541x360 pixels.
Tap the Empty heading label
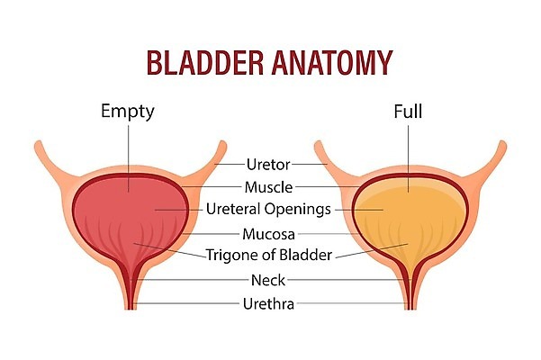(127, 112)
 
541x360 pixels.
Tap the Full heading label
(407, 112)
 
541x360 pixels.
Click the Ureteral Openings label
(267, 210)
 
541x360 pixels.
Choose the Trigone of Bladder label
(268, 256)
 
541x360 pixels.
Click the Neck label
(267, 280)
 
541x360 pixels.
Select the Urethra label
(267, 303)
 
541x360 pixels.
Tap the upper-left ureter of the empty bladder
(45, 153)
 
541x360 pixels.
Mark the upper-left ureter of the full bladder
(324, 153)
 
